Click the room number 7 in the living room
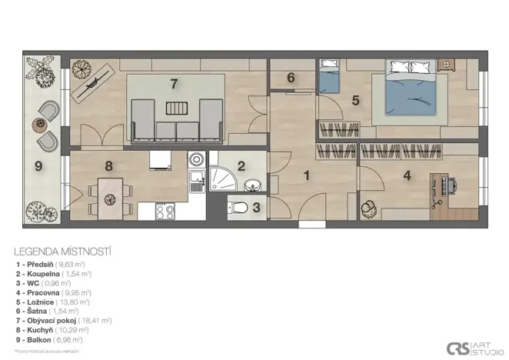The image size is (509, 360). click(x=174, y=82)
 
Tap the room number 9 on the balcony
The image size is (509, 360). click(x=38, y=164)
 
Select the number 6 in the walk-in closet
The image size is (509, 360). click(x=291, y=78)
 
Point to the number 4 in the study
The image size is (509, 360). click(x=407, y=175)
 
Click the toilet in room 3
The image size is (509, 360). click(x=241, y=206)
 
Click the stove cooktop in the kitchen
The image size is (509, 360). click(x=165, y=210)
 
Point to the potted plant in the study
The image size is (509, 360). click(x=368, y=206)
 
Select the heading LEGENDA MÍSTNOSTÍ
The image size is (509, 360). click(x=63, y=251)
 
